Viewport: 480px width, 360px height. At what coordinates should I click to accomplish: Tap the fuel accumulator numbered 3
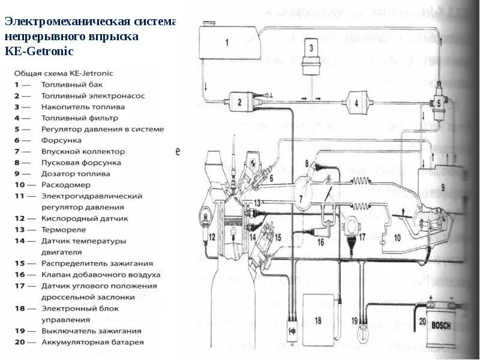click(x=311, y=54)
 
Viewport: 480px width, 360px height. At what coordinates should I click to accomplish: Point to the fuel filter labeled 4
click(x=356, y=103)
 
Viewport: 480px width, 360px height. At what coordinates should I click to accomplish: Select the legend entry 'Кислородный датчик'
click(x=85, y=218)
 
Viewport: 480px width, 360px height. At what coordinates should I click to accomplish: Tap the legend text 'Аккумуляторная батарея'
click(x=92, y=342)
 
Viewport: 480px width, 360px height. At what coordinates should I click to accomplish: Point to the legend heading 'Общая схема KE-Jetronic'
click(x=63, y=73)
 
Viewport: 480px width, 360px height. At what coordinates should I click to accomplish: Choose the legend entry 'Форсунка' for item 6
click(x=59, y=140)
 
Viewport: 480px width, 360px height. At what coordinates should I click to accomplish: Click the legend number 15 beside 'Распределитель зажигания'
click(x=20, y=263)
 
